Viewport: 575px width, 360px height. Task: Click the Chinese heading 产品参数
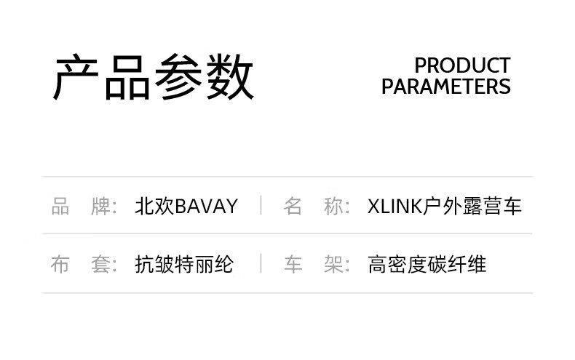pyautogui.click(x=154, y=76)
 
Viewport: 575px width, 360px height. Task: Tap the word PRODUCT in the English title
pyautogui.click(x=462, y=65)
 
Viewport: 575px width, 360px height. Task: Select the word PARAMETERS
pyautogui.click(x=445, y=87)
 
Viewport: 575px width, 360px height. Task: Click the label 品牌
pyautogui.click(x=84, y=207)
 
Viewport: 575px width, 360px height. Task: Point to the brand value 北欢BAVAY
pyautogui.click(x=186, y=207)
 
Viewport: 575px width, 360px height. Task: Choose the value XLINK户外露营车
pyautogui.click(x=445, y=207)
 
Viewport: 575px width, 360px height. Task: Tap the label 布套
pyautogui.click(x=84, y=264)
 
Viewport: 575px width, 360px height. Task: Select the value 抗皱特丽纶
pyautogui.click(x=184, y=264)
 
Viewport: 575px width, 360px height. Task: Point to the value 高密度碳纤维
pyautogui.click(x=427, y=264)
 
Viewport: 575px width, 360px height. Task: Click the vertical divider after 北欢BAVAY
pyautogui.click(x=261, y=206)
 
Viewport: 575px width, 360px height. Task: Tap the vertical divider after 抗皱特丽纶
pyautogui.click(x=261, y=263)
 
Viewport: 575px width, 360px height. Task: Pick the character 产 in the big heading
pyautogui.click(x=78, y=76)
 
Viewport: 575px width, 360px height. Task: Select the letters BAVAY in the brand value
pyautogui.click(x=207, y=207)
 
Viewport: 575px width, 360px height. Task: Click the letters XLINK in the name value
pyautogui.click(x=395, y=207)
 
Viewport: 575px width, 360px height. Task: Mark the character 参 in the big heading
pyautogui.click(x=178, y=76)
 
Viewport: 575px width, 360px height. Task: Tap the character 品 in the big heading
pyautogui.click(x=128, y=76)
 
